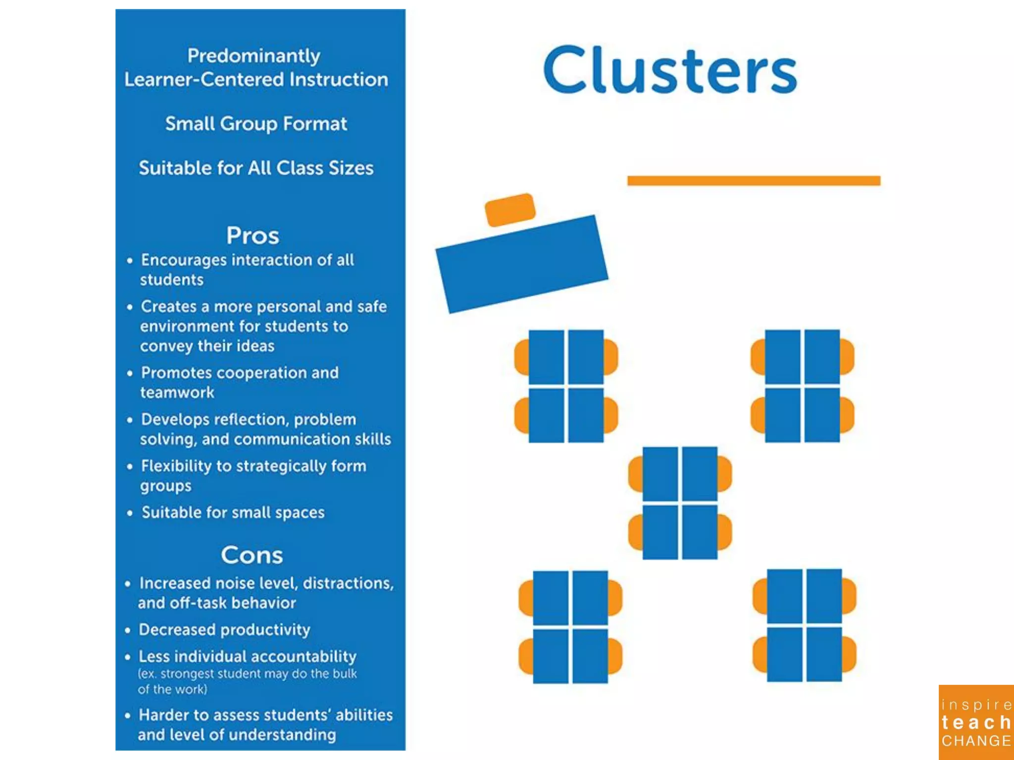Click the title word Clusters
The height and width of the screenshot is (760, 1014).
670,70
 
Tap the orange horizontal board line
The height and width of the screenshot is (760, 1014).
753,181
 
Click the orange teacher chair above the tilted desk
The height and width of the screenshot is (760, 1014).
510,209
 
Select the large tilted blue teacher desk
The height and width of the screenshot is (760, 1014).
521,264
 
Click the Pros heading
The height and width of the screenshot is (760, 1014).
253,236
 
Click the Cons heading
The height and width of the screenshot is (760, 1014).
252,555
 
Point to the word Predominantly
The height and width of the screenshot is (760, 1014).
253,56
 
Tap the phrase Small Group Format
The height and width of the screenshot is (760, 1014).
256,124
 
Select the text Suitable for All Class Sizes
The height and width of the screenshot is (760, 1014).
256,168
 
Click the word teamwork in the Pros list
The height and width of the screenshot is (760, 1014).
177,392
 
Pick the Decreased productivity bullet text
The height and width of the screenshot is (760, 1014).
224,629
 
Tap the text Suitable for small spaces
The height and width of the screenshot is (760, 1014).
233,512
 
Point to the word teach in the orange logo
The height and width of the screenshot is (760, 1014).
975,723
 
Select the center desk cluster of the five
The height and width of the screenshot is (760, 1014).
680,503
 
